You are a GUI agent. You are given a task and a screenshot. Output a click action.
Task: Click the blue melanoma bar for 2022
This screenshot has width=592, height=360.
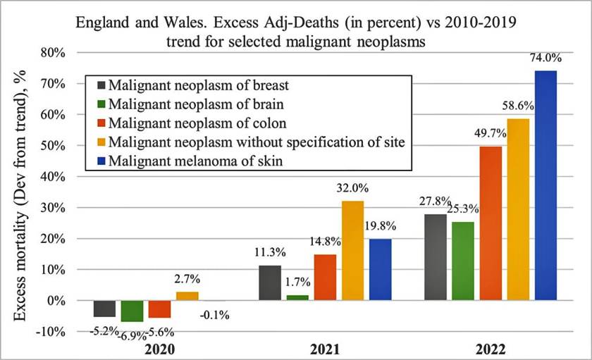point(545,185)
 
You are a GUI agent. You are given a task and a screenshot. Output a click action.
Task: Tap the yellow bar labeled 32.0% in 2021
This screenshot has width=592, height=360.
point(352,251)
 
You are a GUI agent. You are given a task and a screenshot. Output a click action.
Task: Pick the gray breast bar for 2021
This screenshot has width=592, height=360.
point(269,283)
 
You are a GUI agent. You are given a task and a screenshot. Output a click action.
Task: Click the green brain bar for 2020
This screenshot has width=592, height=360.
point(132,311)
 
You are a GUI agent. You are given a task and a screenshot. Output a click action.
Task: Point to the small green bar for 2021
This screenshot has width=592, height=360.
point(297,297)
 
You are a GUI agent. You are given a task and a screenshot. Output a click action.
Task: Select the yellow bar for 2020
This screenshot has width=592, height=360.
point(187,296)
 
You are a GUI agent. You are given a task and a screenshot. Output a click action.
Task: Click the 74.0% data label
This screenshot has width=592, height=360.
point(545,60)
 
